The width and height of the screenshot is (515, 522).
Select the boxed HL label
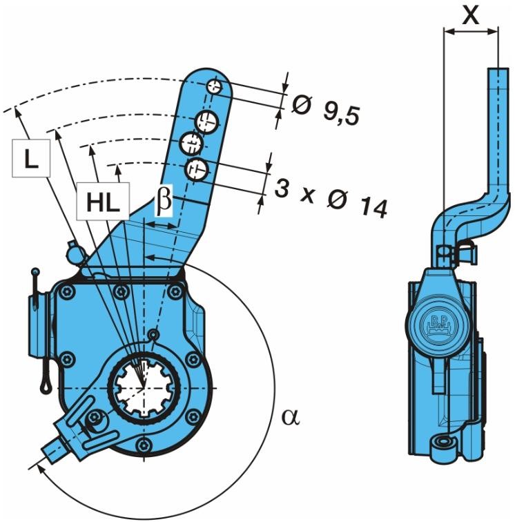pos(103,201)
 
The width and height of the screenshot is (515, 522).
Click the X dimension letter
pos(471,15)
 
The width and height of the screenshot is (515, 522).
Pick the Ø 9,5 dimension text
pos(325,110)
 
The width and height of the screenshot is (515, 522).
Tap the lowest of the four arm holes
pos(197,166)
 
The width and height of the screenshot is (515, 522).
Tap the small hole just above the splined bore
pos(154,336)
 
